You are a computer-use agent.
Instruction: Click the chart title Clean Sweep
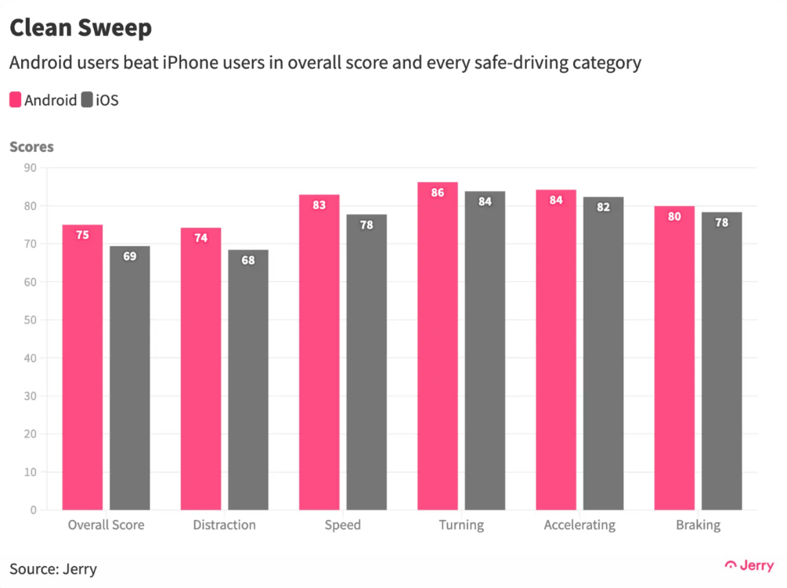(80, 28)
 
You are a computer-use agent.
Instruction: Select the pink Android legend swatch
(15, 100)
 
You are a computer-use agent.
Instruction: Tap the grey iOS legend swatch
(87, 100)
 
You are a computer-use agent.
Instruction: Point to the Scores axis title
(32, 147)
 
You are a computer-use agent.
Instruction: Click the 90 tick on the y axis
(30, 168)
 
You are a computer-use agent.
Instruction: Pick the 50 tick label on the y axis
(30, 320)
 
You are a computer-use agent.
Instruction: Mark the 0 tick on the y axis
(33, 510)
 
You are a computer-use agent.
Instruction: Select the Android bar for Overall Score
(83, 371)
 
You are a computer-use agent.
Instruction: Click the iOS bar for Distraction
(248, 382)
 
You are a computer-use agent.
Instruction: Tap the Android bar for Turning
(438, 349)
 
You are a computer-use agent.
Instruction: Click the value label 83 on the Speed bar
(319, 205)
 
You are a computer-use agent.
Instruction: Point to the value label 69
(130, 256)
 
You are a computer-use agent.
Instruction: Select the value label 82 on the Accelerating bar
(603, 207)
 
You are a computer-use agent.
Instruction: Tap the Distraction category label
(224, 525)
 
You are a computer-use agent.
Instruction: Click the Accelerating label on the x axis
(579, 525)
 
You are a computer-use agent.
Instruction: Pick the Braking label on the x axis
(698, 525)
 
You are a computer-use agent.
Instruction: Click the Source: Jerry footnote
(53, 569)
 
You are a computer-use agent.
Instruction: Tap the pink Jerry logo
(749, 566)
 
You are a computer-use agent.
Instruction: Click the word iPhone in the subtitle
(189, 63)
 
